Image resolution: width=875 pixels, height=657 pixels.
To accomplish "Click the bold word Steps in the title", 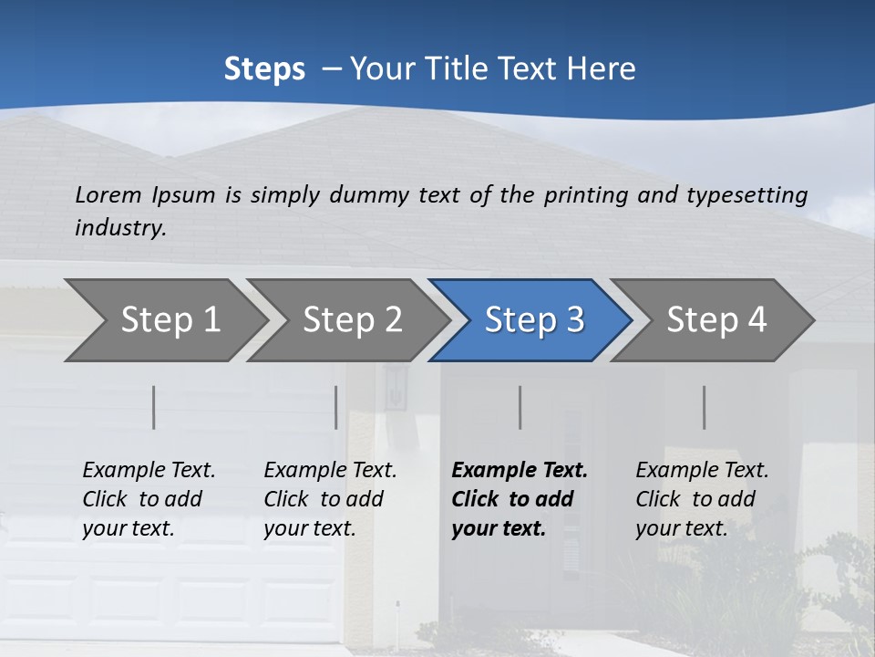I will pyautogui.click(x=264, y=69).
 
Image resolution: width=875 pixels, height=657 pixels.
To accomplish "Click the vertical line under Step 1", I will pyautogui.click(x=154, y=407).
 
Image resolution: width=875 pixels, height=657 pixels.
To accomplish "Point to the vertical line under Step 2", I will pyautogui.click(x=336, y=407).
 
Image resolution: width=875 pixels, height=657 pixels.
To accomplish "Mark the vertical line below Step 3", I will pyautogui.click(x=520, y=407).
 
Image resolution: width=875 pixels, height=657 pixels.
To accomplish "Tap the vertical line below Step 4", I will pyautogui.click(x=705, y=407).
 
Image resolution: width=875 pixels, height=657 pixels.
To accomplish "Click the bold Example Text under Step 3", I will pyautogui.click(x=520, y=471).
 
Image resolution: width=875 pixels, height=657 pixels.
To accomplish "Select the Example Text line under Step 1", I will pyautogui.click(x=149, y=471).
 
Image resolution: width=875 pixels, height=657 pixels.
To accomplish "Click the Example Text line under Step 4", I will pyautogui.click(x=702, y=471).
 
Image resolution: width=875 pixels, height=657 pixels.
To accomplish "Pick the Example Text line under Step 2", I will pyautogui.click(x=330, y=471).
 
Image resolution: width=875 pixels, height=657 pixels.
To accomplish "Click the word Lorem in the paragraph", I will pyautogui.click(x=108, y=195).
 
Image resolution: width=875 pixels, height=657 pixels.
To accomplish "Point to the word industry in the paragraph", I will pyautogui.click(x=120, y=228).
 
